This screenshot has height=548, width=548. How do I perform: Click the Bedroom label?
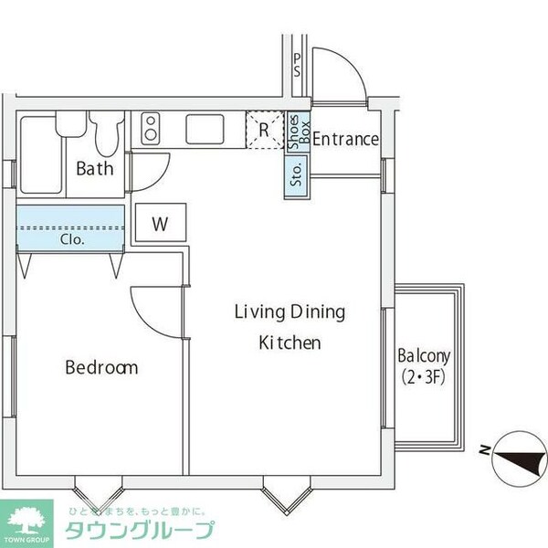click(101, 368)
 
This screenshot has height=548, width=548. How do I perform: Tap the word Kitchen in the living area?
click(290, 343)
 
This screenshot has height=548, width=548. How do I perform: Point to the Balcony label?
click(423, 356)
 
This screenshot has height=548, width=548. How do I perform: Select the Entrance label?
click(345, 140)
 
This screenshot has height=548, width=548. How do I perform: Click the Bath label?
click(94, 168)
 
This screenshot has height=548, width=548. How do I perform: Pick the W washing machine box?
click(160, 223)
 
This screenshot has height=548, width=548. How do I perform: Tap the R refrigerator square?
click(263, 129)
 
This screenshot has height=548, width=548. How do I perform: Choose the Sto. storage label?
click(297, 174)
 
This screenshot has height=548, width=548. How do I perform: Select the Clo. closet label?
click(72, 240)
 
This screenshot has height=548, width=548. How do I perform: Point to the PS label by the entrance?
click(298, 65)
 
